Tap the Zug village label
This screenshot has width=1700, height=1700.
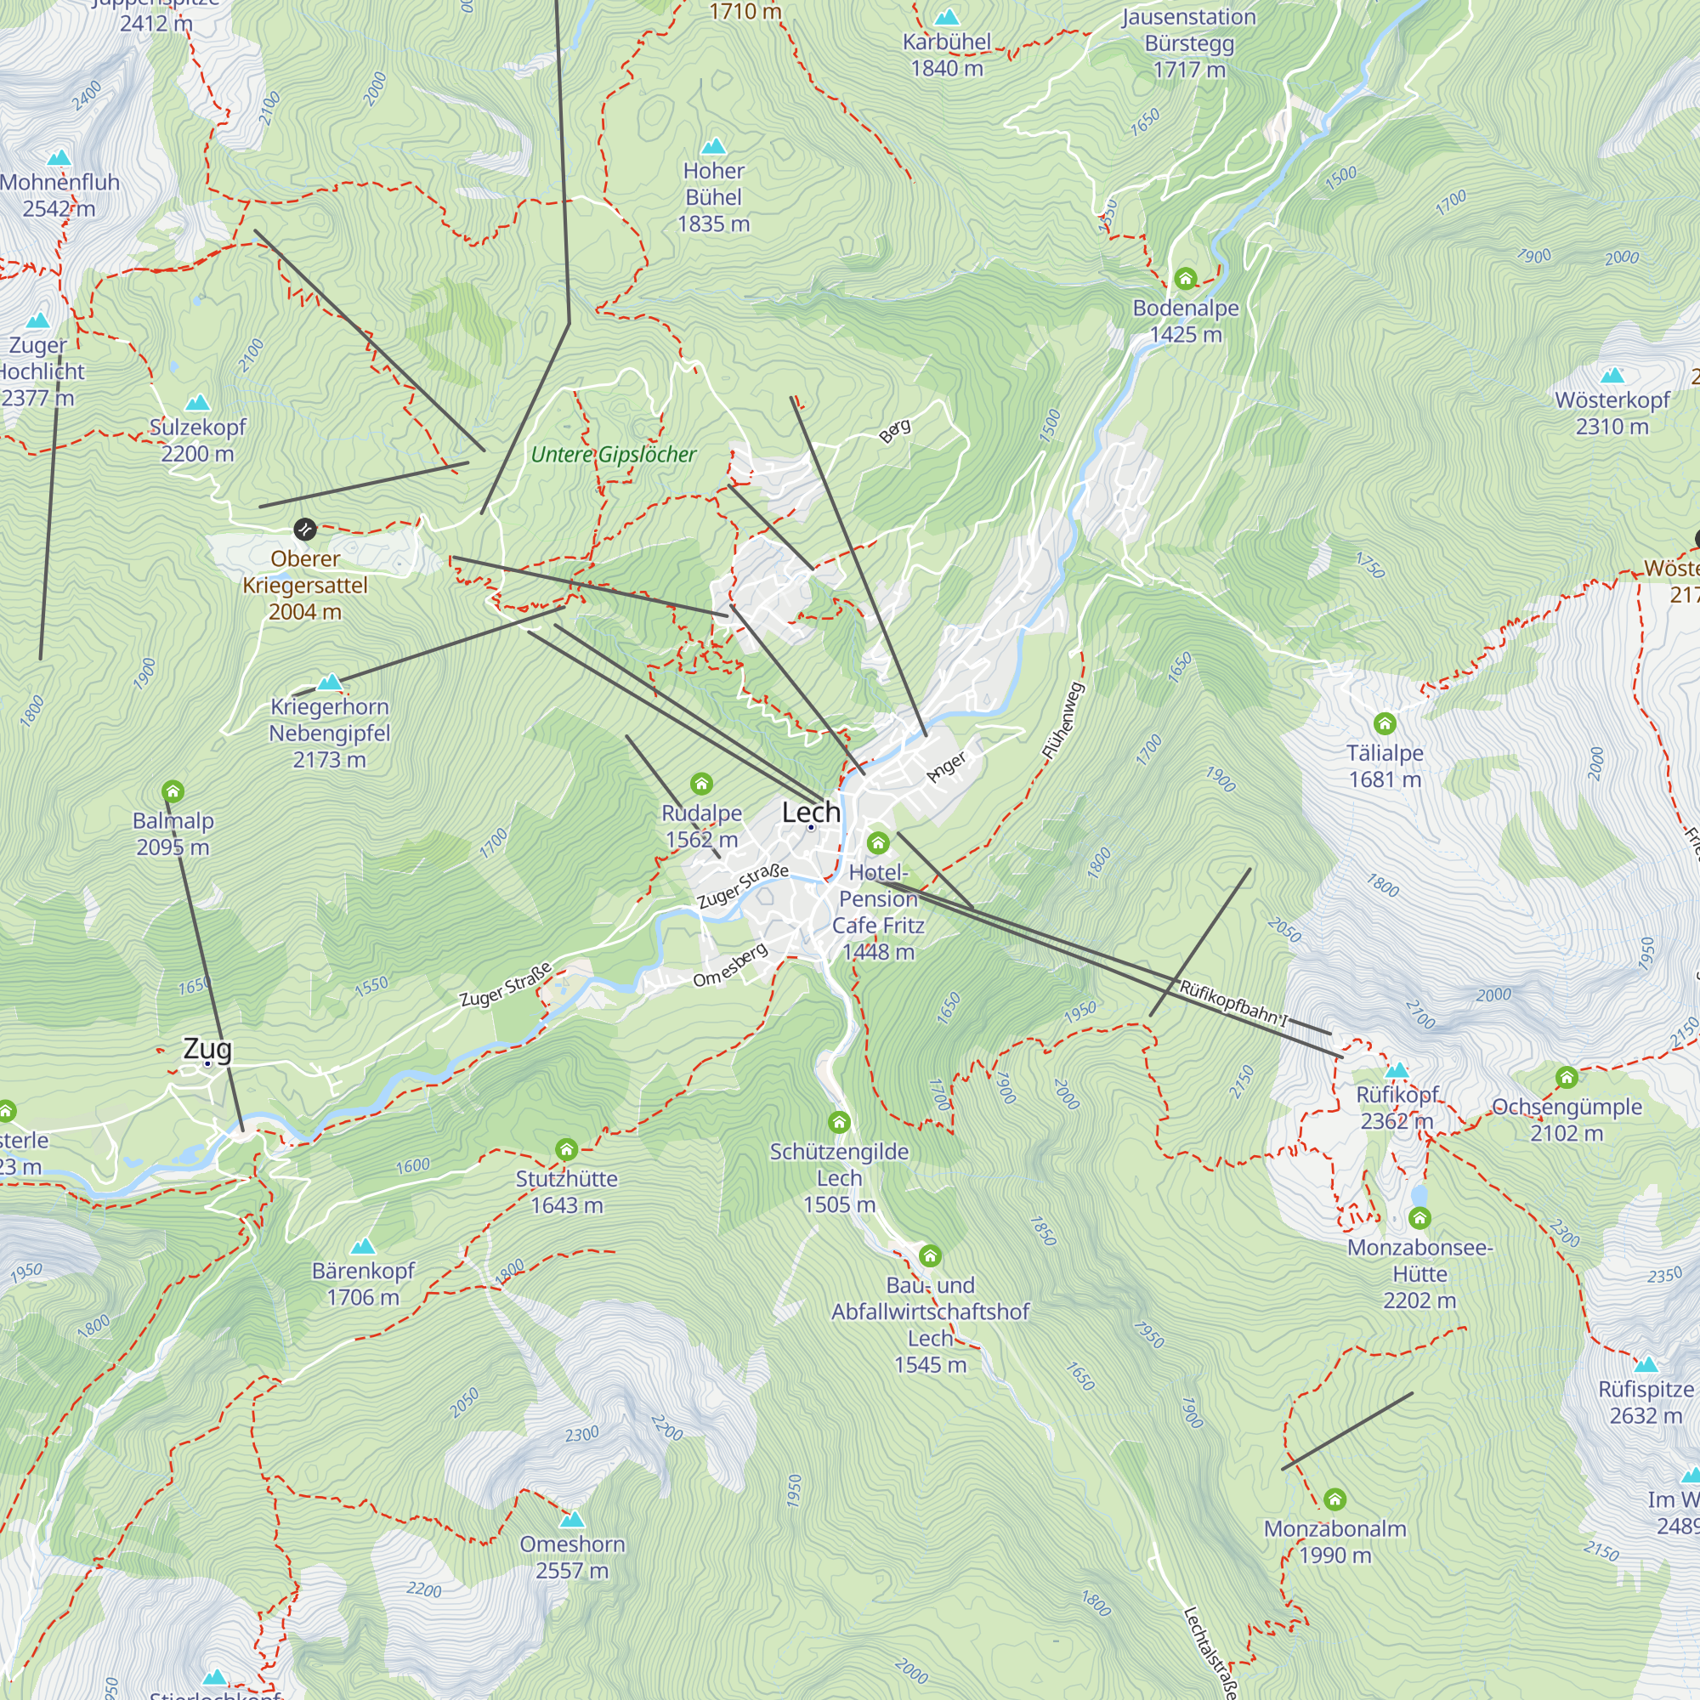click(207, 1049)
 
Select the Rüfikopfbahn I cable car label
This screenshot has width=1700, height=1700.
click(1232, 1002)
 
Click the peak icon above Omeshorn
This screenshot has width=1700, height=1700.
click(572, 1520)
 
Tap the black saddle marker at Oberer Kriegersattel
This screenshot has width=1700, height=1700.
click(304, 529)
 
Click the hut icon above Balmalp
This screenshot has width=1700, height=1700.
click(173, 791)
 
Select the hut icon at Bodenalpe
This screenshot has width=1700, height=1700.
click(1185, 279)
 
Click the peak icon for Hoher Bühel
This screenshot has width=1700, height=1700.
click(714, 146)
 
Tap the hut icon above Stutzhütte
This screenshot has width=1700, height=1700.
click(567, 1149)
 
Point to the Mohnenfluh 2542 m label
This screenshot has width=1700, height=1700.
click(59, 195)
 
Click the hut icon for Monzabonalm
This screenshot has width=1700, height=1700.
click(1334, 1499)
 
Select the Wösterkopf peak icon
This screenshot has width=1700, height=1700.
click(1612, 376)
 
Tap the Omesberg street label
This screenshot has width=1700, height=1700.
click(730, 966)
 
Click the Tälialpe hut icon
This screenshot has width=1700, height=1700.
click(1385, 724)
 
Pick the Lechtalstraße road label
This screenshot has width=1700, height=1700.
click(1210, 1652)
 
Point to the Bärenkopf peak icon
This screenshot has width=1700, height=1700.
click(363, 1246)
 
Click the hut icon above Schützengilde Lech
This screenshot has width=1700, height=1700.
click(839, 1122)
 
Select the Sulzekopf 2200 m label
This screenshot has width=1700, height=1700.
click(198, 440)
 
